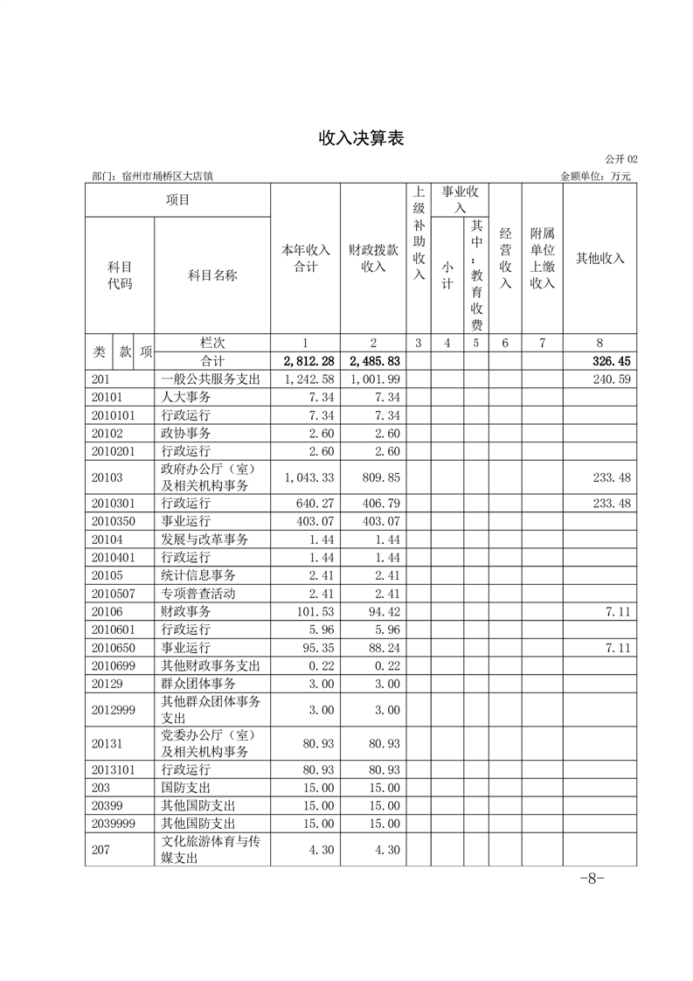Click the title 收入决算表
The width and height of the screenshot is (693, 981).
click(348, 139)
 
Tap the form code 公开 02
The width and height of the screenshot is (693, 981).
click(620, 159)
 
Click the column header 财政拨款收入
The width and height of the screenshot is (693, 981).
click(373, 258)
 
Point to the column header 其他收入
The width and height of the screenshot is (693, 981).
click(599, 258)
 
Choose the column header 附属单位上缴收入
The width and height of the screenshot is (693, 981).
click(542, 258)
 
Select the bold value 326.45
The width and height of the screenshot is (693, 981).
click(612, 361)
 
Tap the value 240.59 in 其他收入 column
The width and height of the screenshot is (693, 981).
click(612, 379)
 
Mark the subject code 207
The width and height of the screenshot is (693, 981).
click(100, 850)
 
